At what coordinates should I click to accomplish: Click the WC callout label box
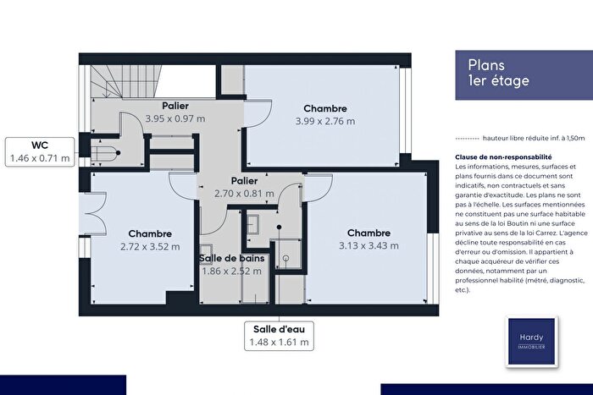pyautogui.click(x=39, y=151)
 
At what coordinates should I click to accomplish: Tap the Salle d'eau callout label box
pyautogui.click(x=280, y=336)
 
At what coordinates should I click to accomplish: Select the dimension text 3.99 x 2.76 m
pyautogui.click(x=325, y=122)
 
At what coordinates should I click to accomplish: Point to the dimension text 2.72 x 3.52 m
pyautogui.click(x=150, y=247)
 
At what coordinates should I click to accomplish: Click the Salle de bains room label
pyautogui.click(x=230, y=256)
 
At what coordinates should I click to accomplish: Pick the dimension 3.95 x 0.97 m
pyautogui.click(x=175, y=119)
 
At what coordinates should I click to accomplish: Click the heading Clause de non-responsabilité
pyautogui.click(x=503, y=157)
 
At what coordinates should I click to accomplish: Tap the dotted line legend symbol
pyautogui.click(x=466, y=137)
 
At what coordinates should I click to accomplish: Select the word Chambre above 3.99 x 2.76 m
pyautogui.click(x=325, y=108)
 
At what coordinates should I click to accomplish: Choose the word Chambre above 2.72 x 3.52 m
pyautogui.click(x=150, y=233)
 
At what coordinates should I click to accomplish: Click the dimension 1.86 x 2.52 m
pyautogui.click(x=230, y=271)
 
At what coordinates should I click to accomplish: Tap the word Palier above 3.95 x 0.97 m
pyautogui.click(x=175, y=106)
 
